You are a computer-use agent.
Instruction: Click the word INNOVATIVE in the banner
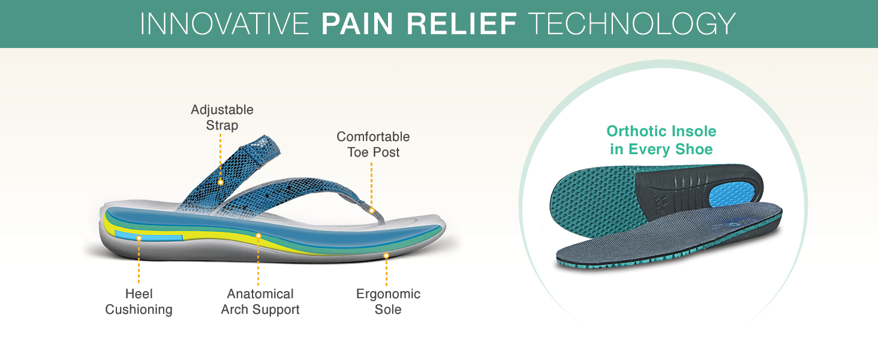[x=224, y=24]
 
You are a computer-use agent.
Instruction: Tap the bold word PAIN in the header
[x=357, y=24]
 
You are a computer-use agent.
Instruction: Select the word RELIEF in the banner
[x=462, y=24]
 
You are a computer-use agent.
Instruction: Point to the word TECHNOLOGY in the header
[x=632, y=24]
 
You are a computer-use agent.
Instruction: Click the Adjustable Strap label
[x=222, y=117]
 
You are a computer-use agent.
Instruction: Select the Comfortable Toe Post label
[x=373, y=145]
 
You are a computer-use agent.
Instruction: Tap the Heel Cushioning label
[x=139, y=302]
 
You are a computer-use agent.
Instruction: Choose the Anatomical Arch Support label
[x=260, y=302]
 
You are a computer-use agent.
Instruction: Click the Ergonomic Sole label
[x=388, y=302]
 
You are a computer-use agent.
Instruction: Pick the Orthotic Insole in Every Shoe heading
[x=661, y=140]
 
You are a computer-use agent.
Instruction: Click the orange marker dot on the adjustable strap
[x=221, y=182]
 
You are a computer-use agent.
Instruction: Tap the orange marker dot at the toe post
[x=372, y=211]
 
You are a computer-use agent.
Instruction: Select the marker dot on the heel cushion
[x=139, y=238]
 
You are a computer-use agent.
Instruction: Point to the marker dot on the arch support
[x=258, y=236]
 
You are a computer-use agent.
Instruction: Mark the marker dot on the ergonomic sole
[x=386, y=256]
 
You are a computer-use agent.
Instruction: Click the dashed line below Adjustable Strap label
[x=220, y=156]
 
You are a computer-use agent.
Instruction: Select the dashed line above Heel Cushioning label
[x=139, y=262]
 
